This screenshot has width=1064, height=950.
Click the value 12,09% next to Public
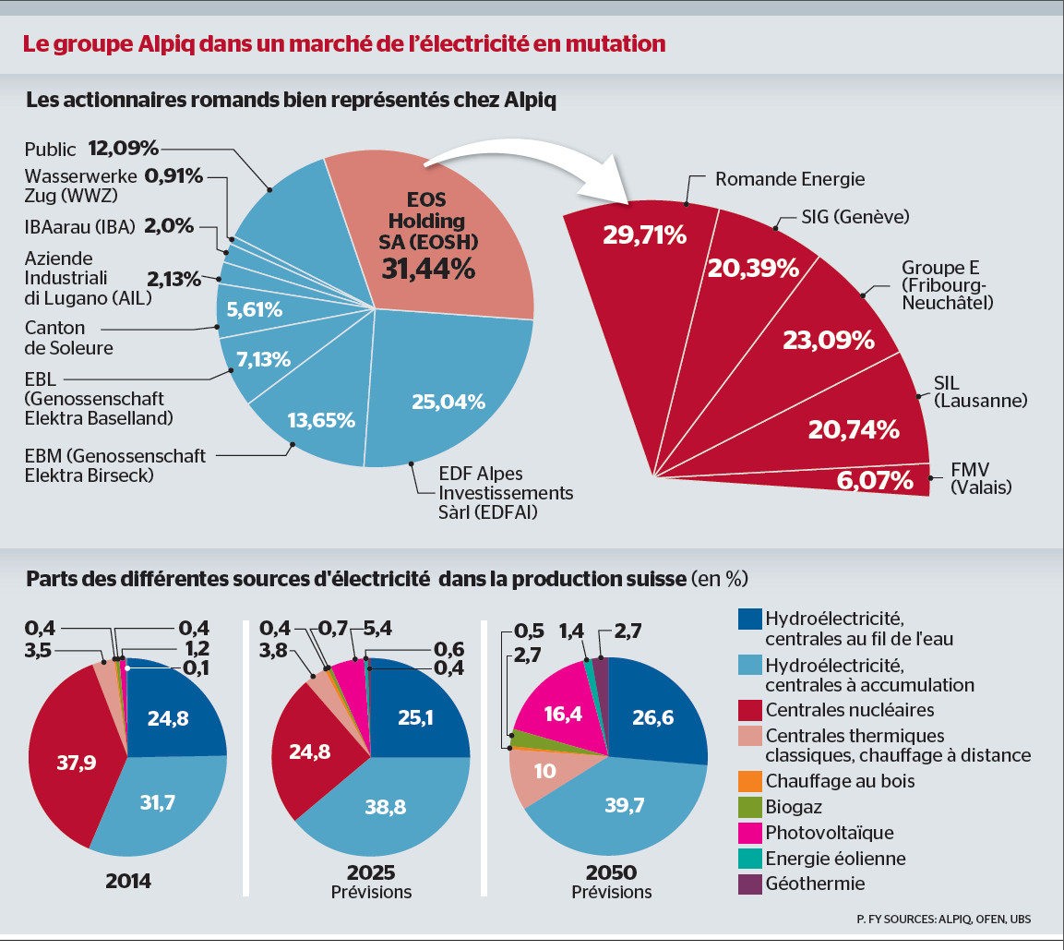click(x=125, y=148)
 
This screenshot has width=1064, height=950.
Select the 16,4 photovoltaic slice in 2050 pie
click(x=557, y=712)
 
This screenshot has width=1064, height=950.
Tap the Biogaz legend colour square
click(x=750, y=806)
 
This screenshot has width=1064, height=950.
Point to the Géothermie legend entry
click(x=815, y=884)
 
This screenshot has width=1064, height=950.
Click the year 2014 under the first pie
click(x=128, y=879)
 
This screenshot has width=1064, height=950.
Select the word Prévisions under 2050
click(x=611, y=892)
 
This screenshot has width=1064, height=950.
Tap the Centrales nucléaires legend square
click(x=750, y=710)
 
